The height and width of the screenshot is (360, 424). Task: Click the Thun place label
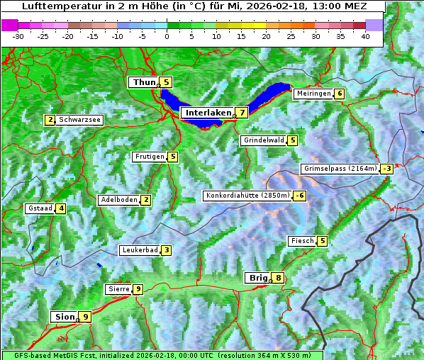pos(144,83)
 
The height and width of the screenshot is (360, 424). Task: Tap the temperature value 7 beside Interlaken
pos(242,113)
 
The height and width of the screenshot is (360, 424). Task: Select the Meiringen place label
pos(313,94)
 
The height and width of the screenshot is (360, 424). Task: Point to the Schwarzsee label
pos(80,120)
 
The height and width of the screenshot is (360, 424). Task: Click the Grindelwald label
pos(264,140)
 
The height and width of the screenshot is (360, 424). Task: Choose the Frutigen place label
pos(149,157)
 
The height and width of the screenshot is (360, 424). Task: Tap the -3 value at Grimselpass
pos(386,169)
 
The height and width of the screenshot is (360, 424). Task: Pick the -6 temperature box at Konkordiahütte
pos(300,196)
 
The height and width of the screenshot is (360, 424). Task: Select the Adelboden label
pos(118,200)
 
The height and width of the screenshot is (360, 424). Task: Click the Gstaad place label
pos(40,208)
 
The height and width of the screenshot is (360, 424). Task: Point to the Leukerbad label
pos(139,250)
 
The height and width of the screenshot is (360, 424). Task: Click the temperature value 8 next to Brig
pos(279,279)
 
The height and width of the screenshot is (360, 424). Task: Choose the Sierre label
pos(118,289)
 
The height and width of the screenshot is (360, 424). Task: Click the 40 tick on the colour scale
pos(365,35)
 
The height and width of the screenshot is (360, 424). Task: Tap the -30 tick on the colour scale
pos(18,35)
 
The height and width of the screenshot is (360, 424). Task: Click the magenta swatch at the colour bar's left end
pos(10,24)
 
